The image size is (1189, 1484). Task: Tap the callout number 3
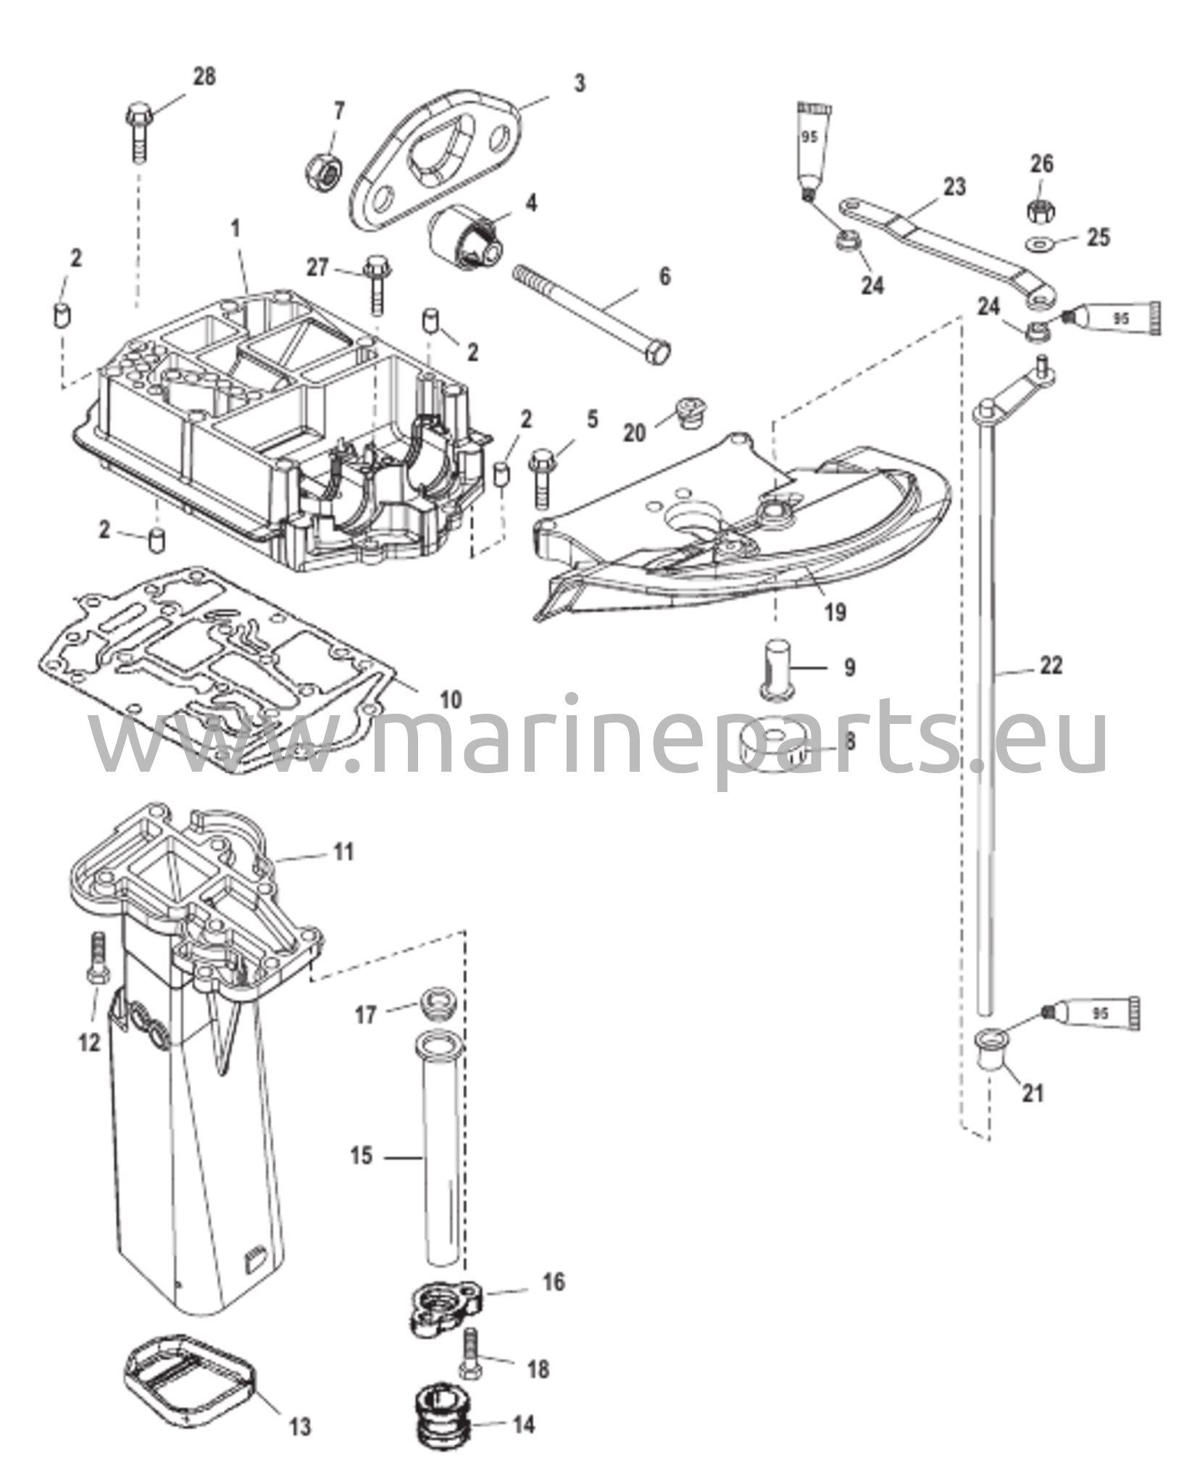[579, 83]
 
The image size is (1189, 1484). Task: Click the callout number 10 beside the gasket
[450, 699]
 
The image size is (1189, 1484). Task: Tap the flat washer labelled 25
[1040, 240]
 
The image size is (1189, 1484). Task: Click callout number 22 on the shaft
[1051, 664]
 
